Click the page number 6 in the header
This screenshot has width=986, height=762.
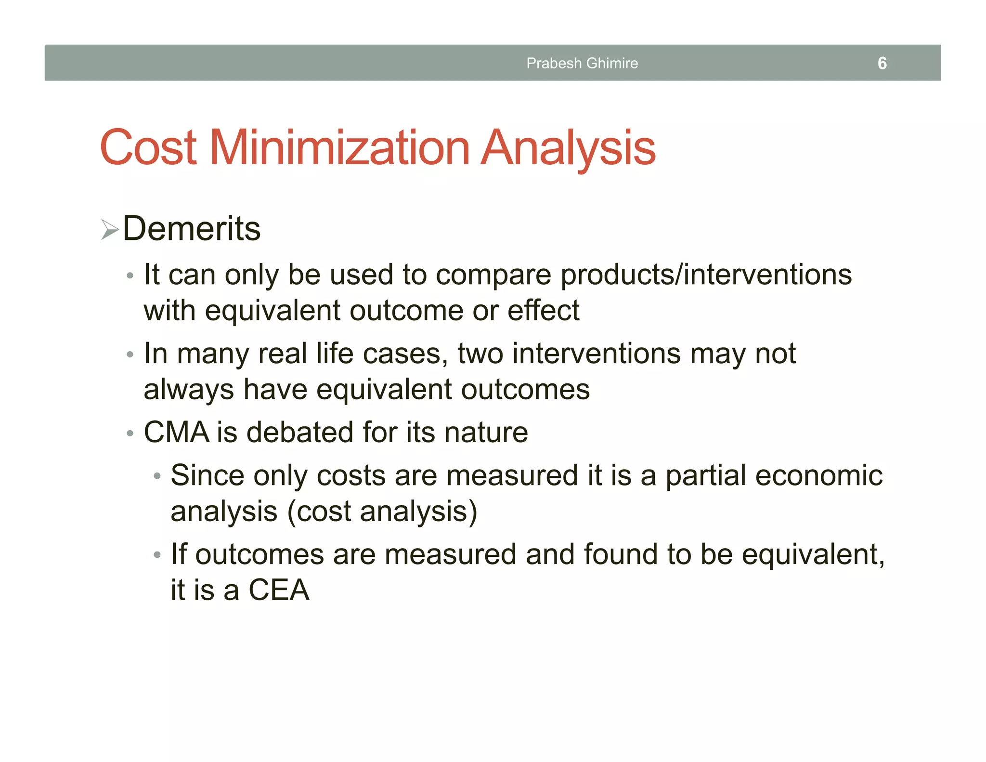coord(882,63)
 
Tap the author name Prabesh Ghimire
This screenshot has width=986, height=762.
coord(582,63)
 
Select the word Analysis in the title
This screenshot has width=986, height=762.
coord(569,148)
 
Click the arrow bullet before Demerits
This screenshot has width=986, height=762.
coord(110,229)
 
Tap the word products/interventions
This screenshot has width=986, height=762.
coord(706,275)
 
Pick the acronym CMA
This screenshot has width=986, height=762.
coord(176,432)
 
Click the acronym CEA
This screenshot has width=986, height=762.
coord(279,590)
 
